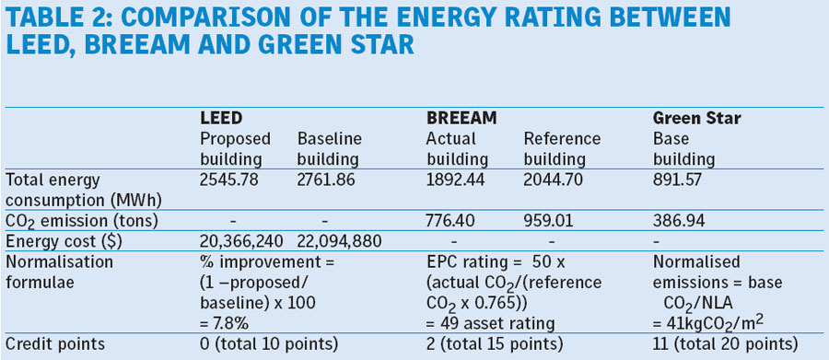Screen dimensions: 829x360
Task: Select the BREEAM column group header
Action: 461,119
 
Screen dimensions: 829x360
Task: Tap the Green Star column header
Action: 697,119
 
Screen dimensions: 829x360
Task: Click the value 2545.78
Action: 229,180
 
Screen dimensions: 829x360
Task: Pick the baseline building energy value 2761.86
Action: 327,180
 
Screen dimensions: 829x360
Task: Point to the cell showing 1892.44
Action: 456,180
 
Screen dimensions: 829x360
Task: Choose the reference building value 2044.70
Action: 554,180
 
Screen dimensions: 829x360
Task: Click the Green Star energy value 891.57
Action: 677,180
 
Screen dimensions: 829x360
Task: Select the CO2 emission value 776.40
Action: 451,221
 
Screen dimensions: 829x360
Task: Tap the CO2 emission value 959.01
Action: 548,221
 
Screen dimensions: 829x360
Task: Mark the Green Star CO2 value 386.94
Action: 679,221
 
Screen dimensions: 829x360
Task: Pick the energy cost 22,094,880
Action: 339,241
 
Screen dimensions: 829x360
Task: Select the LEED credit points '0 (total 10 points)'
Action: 269,344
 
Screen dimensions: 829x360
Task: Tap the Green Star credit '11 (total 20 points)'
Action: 725,344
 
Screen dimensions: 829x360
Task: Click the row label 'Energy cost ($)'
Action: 64,241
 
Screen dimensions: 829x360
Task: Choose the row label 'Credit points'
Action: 55,344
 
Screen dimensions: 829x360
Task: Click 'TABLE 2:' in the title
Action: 59,19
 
